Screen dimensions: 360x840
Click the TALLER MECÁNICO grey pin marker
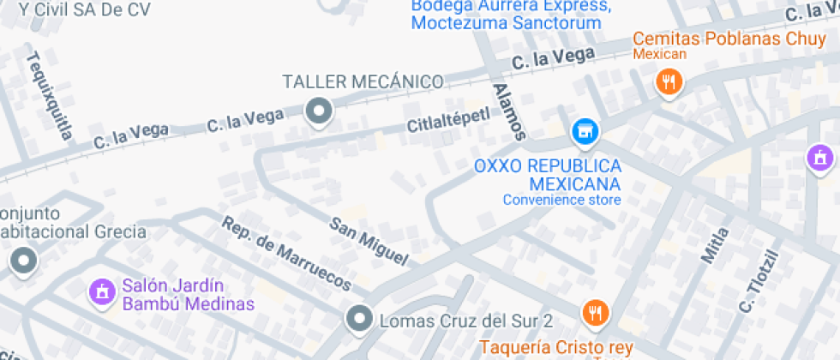[x=320, y=111]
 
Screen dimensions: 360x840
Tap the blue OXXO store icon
[x=585, y=131]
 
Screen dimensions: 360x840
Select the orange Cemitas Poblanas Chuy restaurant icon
[x=668, y=81]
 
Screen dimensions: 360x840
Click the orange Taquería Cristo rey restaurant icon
[x=594, y=313]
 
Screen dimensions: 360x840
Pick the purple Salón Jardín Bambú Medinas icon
[x=102, y=291]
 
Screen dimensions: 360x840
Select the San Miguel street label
[x=369, y=239]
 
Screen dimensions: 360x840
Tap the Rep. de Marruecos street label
[x=286, y=253]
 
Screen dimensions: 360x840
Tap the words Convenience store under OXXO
[x=561, y=201]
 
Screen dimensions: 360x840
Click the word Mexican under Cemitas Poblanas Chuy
[x=659, y=54]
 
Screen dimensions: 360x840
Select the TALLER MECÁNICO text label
[x=363, y=82]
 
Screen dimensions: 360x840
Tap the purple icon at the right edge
[x=820, y=157]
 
